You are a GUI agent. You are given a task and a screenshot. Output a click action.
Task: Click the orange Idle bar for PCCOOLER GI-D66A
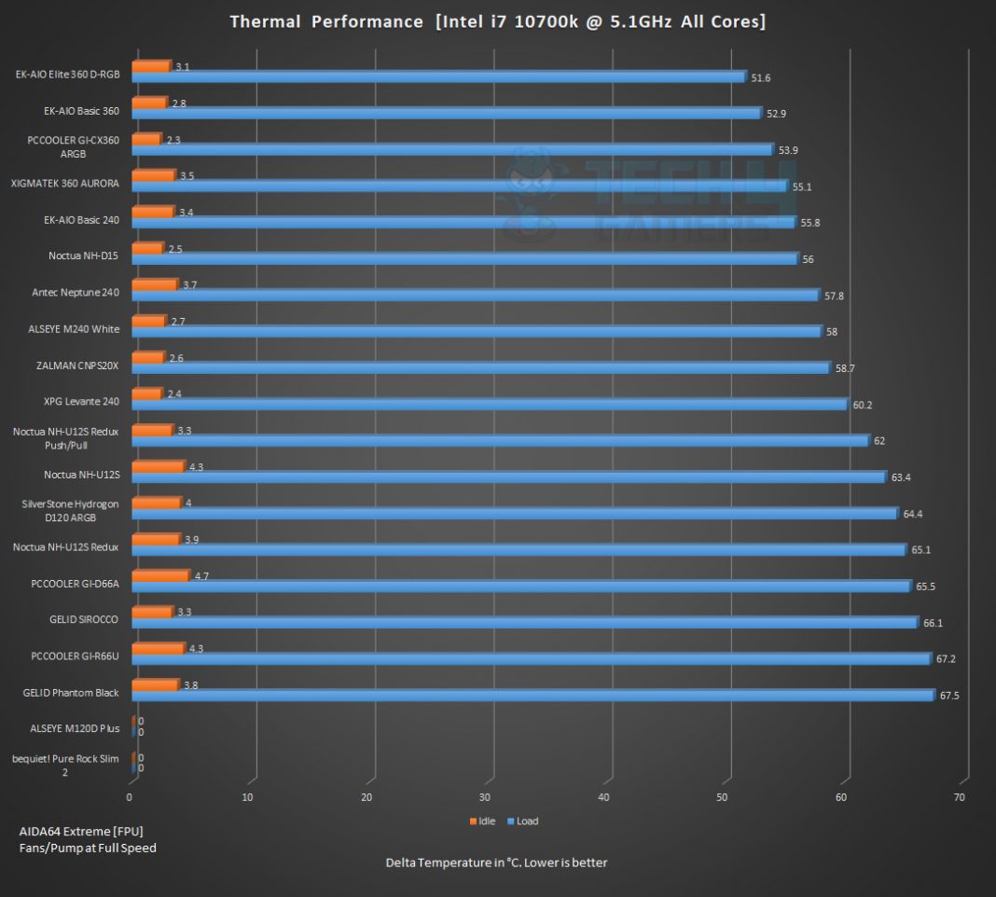(x=159, y=576)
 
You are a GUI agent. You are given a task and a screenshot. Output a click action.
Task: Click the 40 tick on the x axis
(x=603, y=797)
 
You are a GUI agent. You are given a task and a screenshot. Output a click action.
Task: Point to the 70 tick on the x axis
(x=960, y=797)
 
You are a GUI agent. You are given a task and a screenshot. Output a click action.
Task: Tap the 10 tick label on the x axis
(x=248, y=797)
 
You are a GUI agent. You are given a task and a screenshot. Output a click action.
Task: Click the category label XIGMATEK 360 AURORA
(x=65, y=184)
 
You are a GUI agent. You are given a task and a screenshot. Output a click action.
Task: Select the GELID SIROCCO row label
(x=84, y=619)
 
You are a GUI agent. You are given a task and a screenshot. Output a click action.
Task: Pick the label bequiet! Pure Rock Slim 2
(x=65, y=766)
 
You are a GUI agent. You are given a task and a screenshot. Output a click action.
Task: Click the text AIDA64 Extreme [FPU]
(x=81, y=831)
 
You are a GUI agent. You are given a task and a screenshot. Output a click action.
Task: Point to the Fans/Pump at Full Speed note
(x=88, y=848)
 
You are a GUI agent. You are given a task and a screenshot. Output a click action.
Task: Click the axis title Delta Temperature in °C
(x=496, y=862)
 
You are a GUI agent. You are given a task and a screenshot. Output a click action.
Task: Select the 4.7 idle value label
(x=201, y=577)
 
